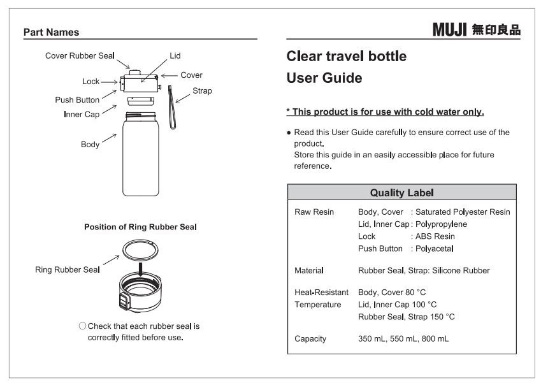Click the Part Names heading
pyautogui.click(x=50, y=32)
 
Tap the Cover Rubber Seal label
pyautogui.click(x=80, y=56)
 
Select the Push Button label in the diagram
pyautogui.click(x=76, y=100)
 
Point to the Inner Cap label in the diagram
pyautogui.click(x=81, y=114)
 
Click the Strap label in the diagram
pyautogui.click(x=202, y=91)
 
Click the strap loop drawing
pyautogui.click(x=171, y=109)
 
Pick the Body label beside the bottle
pyautogui.click(x=90, y=145)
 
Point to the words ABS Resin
pyautogui.click(x=435, y=236)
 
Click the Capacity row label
pyautogui.click(x=310, y=339)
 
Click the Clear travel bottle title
pyautogui.click(x=347, y=56)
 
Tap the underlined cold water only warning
pyautogui.click(x=385, y=112)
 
